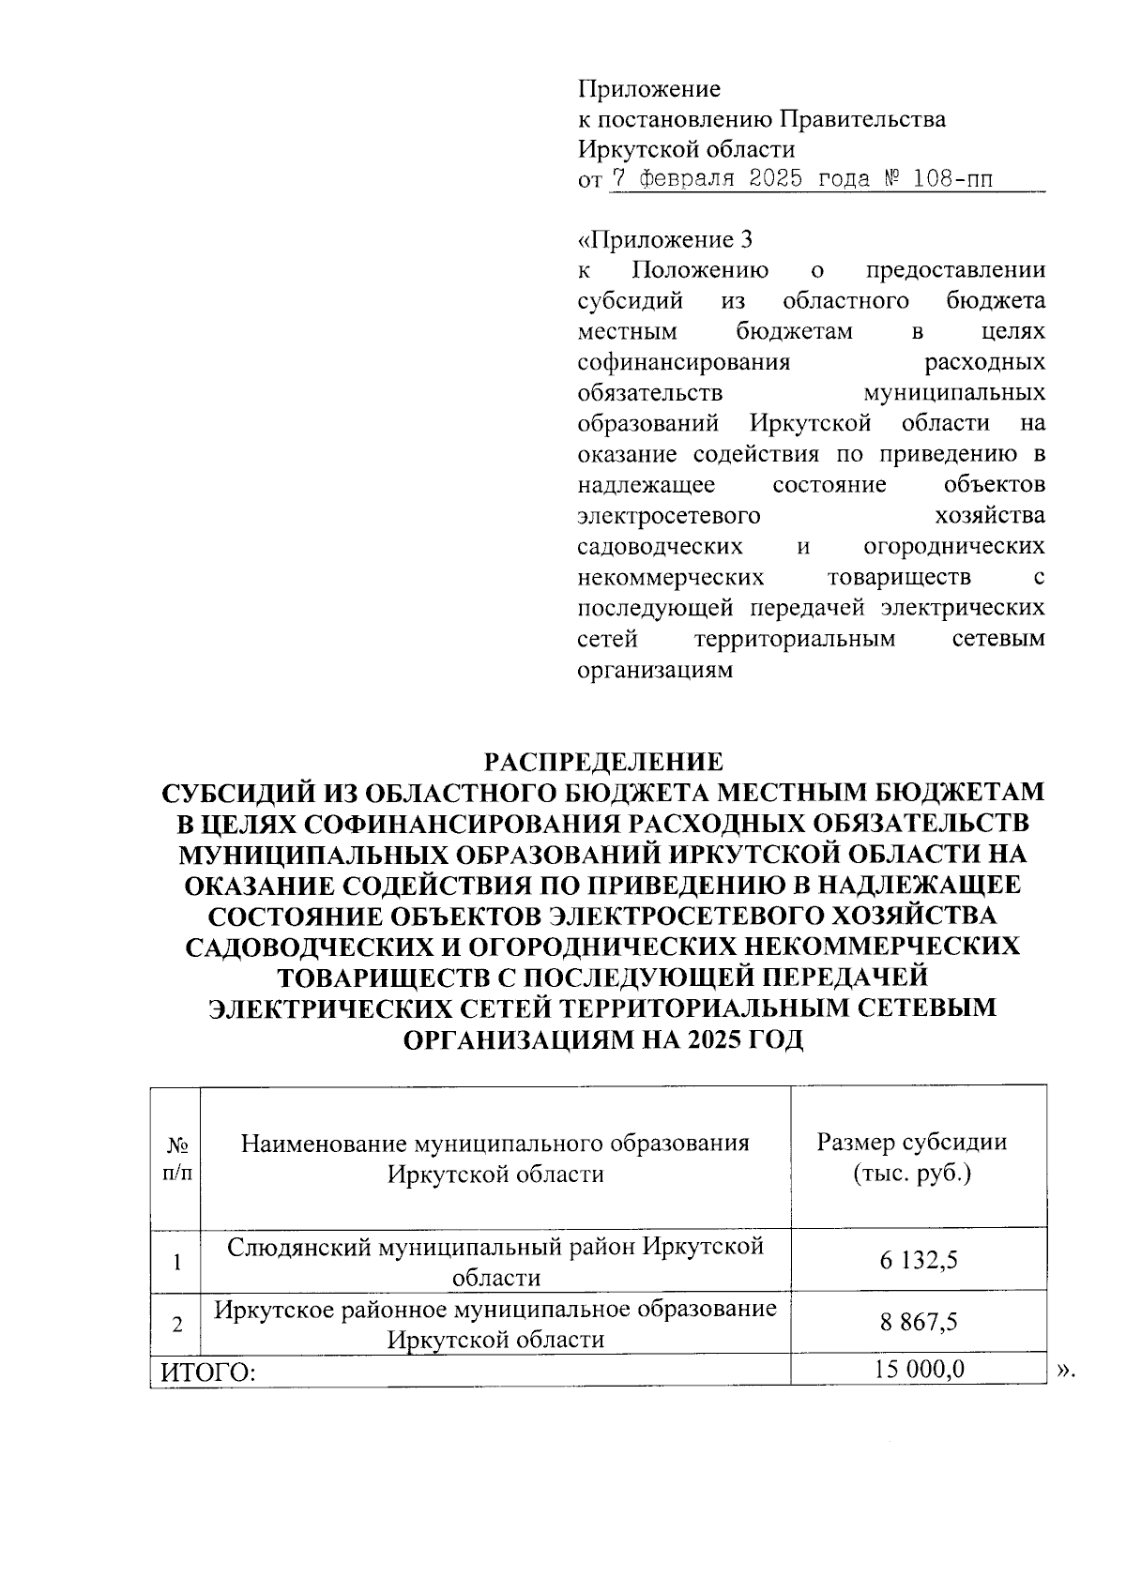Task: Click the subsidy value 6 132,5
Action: point(918,1260)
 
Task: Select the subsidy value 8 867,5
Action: point(918,1323)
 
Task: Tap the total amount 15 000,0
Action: point(919,1370)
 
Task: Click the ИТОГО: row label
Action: point(209,1372)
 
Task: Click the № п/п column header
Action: point(175,1159)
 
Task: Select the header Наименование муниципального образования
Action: point(495,1143)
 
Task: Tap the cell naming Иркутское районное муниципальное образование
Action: point(495,1323)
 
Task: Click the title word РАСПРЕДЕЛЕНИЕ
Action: point(602,760)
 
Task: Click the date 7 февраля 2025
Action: point(707,178)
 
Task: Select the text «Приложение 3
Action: point(665,240)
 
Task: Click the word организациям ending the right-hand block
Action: point(655,671)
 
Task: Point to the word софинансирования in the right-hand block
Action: point(683,362)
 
